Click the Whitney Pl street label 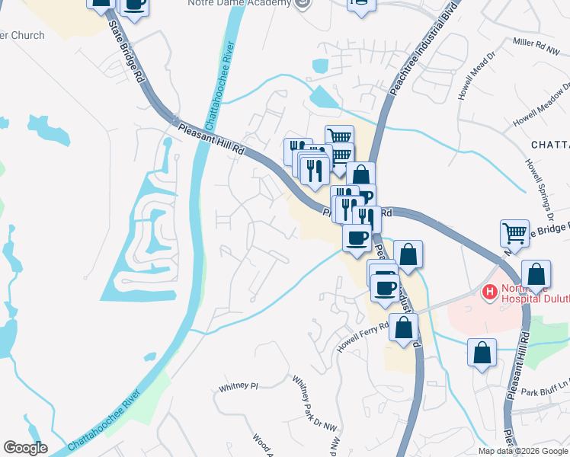(x=239, y=386)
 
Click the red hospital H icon (x=488, y=292)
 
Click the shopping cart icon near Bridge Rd (x=514, y=233)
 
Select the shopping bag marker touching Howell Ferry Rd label (x=403, y=327)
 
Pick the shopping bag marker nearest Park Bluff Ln (x=482, y=352)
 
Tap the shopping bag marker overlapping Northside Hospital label (x=536, y=273)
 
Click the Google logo (x=25, y=448)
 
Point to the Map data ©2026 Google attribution (x=522, y=451)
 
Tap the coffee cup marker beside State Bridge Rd (x=134, y=5)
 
